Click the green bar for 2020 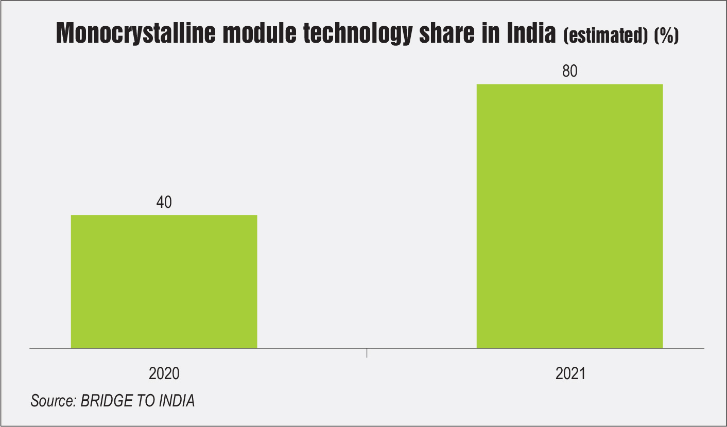164,281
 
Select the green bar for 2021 569,216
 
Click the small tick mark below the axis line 367,353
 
